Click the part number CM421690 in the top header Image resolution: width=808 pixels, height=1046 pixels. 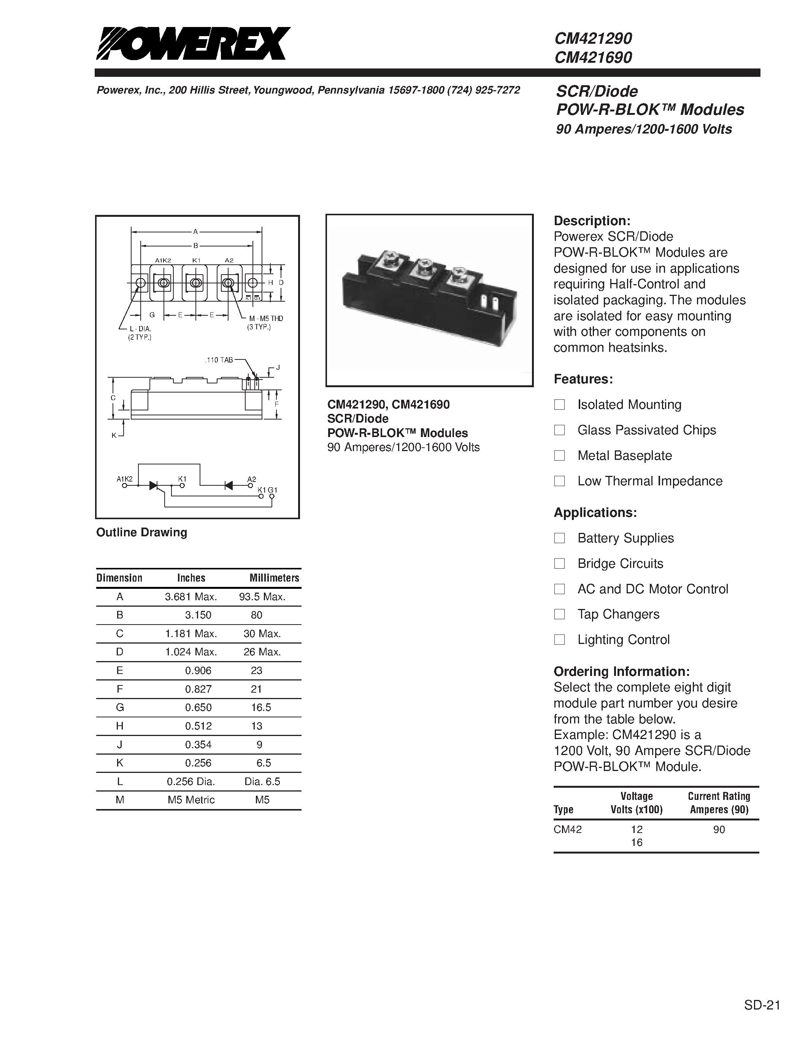coord(593,57)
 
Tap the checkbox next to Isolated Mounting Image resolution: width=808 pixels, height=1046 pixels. coord(559,405)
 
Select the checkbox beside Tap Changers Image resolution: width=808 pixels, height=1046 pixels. coord(559,614)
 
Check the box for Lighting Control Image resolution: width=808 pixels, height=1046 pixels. coord(559,639)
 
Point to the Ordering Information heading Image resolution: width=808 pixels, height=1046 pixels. coord(621,671)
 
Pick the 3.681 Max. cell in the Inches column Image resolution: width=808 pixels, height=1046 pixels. coord(191,597)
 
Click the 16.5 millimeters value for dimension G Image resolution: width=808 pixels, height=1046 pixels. coord(261,707)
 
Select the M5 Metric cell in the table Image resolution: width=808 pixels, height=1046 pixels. coord(191,800)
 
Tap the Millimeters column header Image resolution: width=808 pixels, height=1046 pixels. coord(274,578)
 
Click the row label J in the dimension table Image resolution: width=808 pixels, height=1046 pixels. coord(120,744)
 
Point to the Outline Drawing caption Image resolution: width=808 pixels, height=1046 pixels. coord(142,532)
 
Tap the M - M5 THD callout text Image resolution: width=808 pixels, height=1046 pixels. coord(266,318)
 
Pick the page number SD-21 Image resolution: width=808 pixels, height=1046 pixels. coord(762,991)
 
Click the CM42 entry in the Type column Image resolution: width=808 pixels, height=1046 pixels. coord(568,830)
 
